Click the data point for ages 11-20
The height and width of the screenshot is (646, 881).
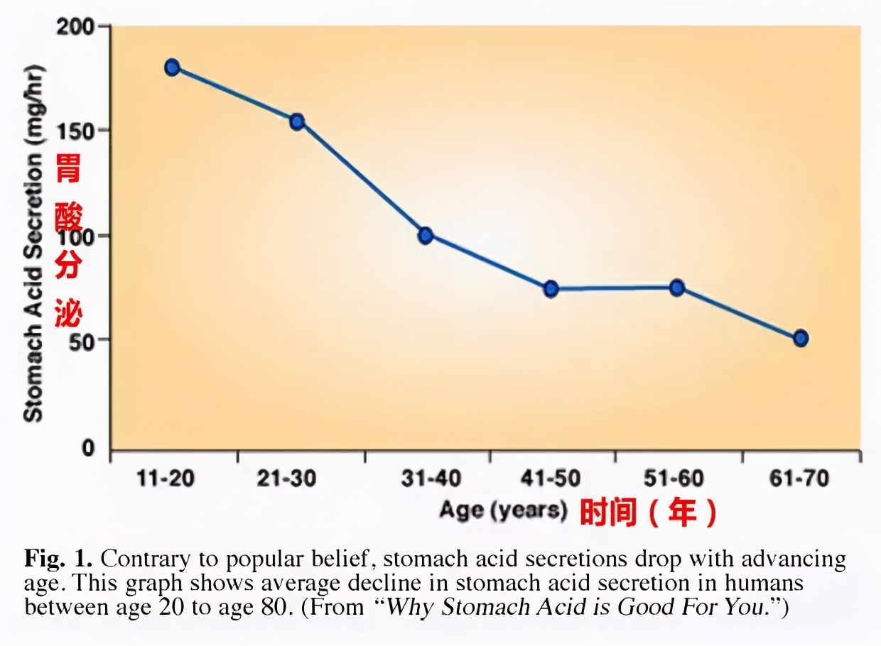172,67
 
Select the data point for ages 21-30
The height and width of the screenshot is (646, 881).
297,121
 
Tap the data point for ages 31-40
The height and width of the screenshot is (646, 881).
426,236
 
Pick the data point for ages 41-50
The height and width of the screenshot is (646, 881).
551,289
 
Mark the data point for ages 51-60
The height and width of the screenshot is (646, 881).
677,288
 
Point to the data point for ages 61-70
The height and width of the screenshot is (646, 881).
801,338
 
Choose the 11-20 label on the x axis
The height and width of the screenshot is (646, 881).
165,479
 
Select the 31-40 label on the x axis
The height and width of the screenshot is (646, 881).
431,479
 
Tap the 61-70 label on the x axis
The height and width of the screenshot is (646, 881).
799,479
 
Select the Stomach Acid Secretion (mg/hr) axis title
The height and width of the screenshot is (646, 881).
33,243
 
